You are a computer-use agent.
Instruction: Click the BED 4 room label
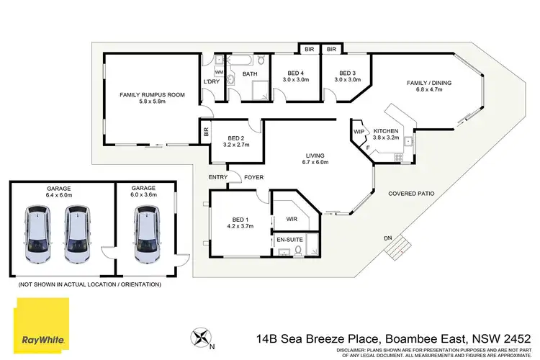tap(295, 73)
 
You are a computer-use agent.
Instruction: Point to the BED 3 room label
tap(347, 73)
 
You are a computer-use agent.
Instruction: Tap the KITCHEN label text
tap(386, 130)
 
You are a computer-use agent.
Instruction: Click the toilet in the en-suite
tap(309, 249)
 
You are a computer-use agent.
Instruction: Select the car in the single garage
tap(147, 233)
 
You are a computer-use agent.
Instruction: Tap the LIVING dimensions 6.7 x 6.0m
tap(315, 163)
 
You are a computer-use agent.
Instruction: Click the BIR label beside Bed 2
tap(207, 133)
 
